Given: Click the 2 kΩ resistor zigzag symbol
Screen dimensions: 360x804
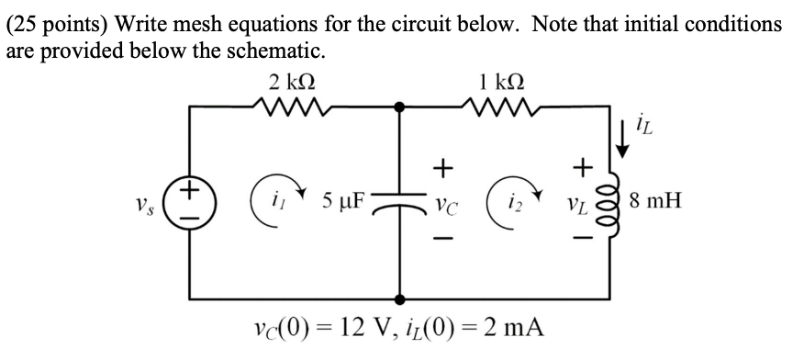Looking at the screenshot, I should (x=291, y=109).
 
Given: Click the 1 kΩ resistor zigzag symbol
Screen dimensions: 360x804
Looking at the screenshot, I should (x=502, y=109).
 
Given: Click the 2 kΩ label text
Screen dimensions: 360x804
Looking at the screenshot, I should (x=292, y=81).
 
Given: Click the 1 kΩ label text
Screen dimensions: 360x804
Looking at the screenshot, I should (x=503, y=81).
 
